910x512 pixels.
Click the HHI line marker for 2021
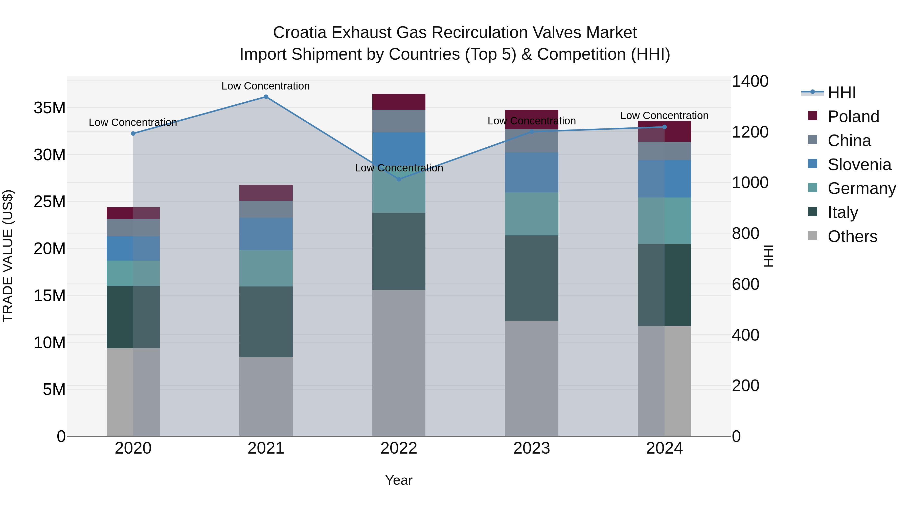(266, 97)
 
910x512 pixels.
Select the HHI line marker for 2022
(399, 179)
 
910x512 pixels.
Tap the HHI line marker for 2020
(133, 133)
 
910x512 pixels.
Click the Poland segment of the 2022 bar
(399, 102)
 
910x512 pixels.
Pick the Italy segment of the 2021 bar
(266, 322)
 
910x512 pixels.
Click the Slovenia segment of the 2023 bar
(532, 172)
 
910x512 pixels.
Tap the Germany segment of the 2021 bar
(266, 268)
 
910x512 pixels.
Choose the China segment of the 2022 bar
(399, 121)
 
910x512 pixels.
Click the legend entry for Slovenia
(859, 165)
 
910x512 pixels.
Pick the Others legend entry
(852, 236)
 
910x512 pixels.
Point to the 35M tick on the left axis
(50, 108)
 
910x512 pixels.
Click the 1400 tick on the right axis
(750, 81)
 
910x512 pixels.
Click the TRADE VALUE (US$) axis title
(8, 256)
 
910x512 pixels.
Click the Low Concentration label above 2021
(266, 86)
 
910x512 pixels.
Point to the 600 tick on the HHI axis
(745, 284)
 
